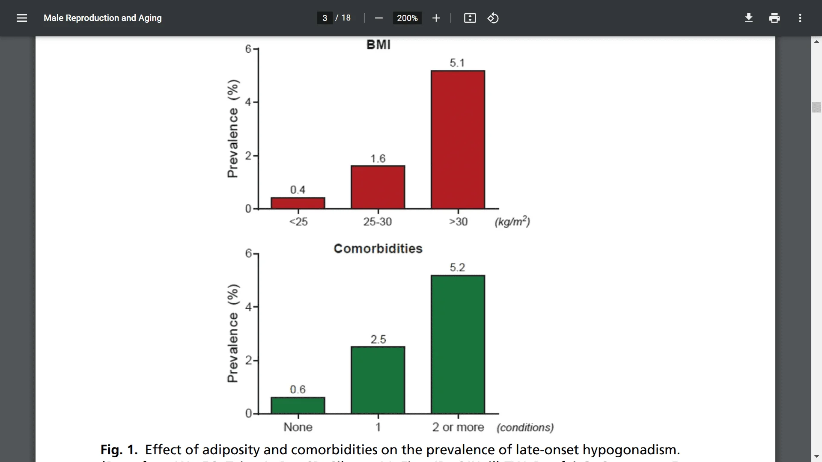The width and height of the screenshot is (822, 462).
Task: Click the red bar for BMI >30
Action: click(x=458, y=139)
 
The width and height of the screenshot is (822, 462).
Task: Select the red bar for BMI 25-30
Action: click(x=378, y=187)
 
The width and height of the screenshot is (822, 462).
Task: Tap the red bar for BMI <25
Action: click(x=298, y=203)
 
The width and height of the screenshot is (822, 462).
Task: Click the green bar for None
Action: click(x=298, y=405)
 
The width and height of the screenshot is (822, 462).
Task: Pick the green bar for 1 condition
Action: click(x=378, y=380)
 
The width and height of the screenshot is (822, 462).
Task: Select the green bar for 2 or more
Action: click(x=458, y=344)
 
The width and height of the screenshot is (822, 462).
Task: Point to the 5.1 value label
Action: click(x=457, y=63)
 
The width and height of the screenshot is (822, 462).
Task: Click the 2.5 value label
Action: click(x=378, y=339)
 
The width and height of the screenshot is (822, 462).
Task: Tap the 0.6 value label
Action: click(x=298, y=389)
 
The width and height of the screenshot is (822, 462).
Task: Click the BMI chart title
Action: click(x=378, y=45)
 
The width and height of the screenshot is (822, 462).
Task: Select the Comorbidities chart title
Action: click(x=378, y=249)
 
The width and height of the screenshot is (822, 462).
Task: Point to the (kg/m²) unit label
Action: click(x=512, y=221)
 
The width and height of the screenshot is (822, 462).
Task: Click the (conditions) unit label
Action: click(x=525, y=427)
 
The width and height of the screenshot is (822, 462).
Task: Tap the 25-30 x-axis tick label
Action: click(x=377, y=222)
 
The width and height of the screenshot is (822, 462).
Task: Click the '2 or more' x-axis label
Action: click(x=458, y=427)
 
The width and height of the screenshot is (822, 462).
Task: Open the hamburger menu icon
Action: click(x=22, y=18)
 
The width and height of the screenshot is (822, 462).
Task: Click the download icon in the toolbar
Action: click(x=748, y=18)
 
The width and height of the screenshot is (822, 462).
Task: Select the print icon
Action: click(x=774, y=18)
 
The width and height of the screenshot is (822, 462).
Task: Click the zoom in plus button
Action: click(x=436, y=18)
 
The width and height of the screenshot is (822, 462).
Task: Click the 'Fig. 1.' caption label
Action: click(x=119, y=450)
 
